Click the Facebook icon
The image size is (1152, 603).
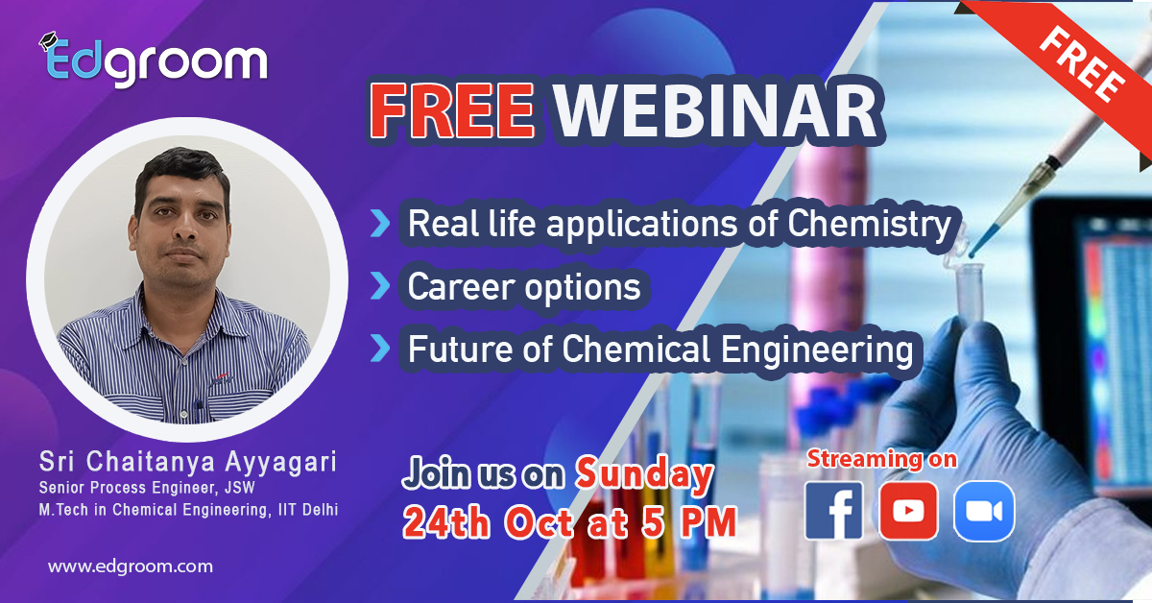(833, 511)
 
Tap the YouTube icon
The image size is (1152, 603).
(908, 511)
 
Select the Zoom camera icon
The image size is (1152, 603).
(984, 511)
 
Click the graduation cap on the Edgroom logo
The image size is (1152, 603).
(48, 41)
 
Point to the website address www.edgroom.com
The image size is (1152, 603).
(131, 567)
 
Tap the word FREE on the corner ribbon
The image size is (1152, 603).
(1081, 63)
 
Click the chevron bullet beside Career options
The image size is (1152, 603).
(380, 286)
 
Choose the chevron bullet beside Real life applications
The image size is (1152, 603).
(380, 224)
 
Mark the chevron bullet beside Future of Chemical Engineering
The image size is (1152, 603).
(380, 348)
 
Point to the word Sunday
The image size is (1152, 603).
(644, 474)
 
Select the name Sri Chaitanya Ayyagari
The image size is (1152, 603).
(188, 461)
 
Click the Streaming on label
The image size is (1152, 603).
(882, 459)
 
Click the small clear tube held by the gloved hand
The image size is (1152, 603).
(969, 292)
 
